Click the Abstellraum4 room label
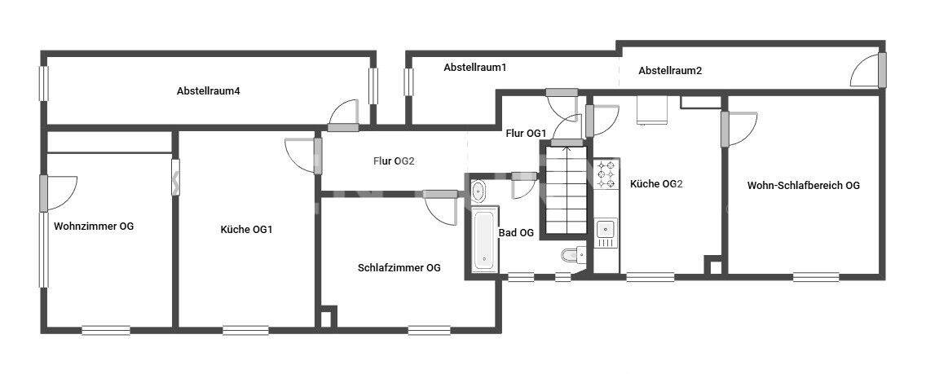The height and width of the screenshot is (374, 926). click(x=208, y=90)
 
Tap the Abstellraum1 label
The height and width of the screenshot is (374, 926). click(x=475, y=68)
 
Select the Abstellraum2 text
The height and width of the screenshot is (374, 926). click(x=670, y=71)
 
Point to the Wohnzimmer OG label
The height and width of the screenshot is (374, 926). click(x=94, y=227)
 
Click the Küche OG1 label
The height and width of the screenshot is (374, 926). click(x=246, y=230)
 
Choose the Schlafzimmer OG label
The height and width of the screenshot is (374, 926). click(x=399, y=267)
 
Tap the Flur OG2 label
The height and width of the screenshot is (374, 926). click(x=395, y=161)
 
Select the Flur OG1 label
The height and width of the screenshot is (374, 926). click(x=526, y=133)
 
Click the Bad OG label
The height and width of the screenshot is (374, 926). click(x=516, y=232)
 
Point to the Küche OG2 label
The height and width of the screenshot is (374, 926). click(x=656, y=184)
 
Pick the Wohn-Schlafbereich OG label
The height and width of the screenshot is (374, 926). click(x=803, y=185)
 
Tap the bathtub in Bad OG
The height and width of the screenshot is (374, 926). click(x=484, y=240)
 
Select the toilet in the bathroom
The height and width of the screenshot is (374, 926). click(x=573, y=256)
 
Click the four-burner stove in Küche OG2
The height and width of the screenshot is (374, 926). click(x=606, y=175)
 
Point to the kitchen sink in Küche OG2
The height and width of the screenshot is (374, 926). click(x=606, y=232)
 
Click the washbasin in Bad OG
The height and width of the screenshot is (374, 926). click(x=478, y=191)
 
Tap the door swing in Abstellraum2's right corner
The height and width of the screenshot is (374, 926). click(x=865, y=73)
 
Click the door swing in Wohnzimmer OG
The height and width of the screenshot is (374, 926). click(x=62, y=192)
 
